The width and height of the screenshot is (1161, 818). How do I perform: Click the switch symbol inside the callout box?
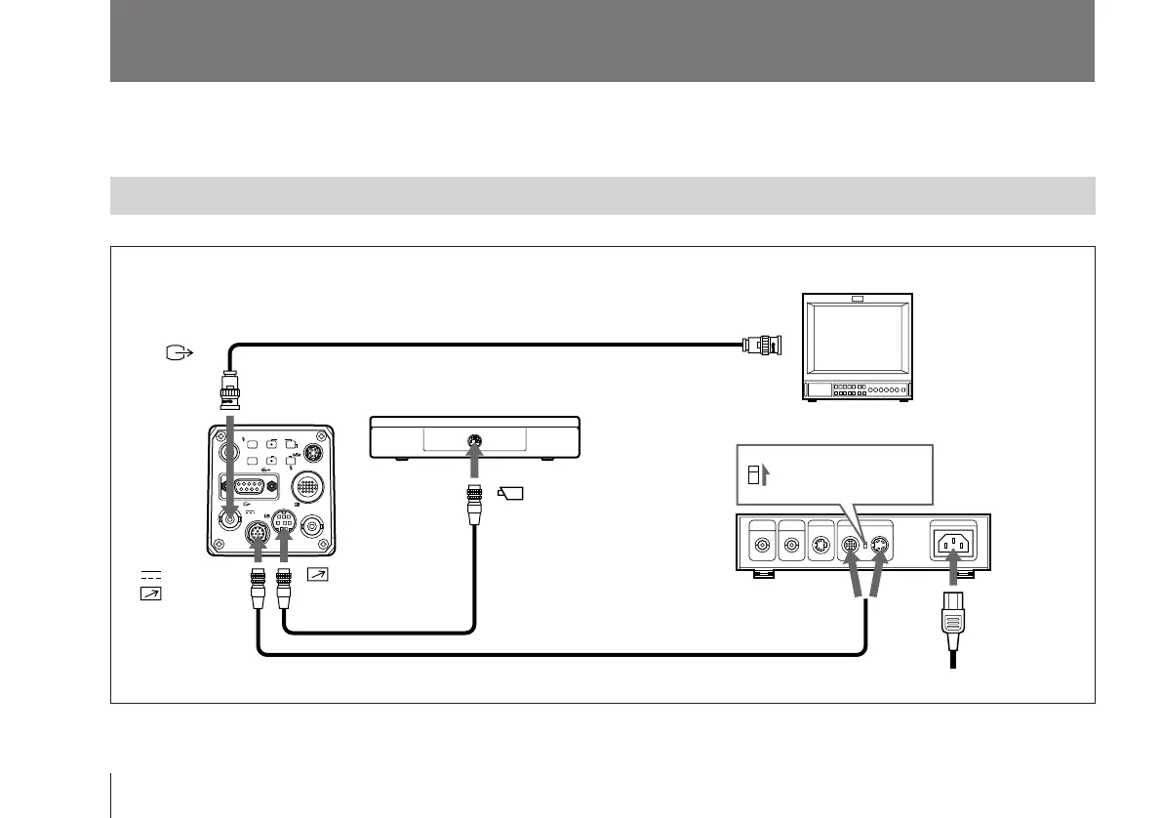coord(753,475)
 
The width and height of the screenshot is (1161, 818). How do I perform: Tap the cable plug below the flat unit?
coord(474,504)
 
